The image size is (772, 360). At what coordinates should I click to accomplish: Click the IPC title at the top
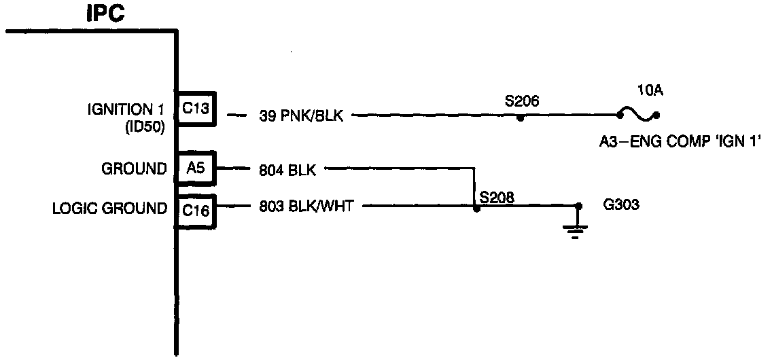click(105, 13)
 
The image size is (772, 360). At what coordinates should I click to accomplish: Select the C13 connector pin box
click(196, 109)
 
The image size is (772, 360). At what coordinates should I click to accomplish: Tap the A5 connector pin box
click(196, 168)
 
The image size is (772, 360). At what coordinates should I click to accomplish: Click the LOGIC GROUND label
click(109, 209)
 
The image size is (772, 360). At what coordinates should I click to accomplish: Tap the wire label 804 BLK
click(287, 170)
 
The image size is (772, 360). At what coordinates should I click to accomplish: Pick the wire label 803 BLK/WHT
click(306, 206)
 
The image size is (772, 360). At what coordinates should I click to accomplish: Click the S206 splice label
click(521, 102)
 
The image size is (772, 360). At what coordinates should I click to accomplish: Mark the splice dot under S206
click(520, 118)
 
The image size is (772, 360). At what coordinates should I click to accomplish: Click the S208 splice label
click(497, 198)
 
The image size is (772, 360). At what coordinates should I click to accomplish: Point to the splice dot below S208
click(476, 209)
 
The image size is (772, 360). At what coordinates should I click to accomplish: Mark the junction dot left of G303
click(578, 205)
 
